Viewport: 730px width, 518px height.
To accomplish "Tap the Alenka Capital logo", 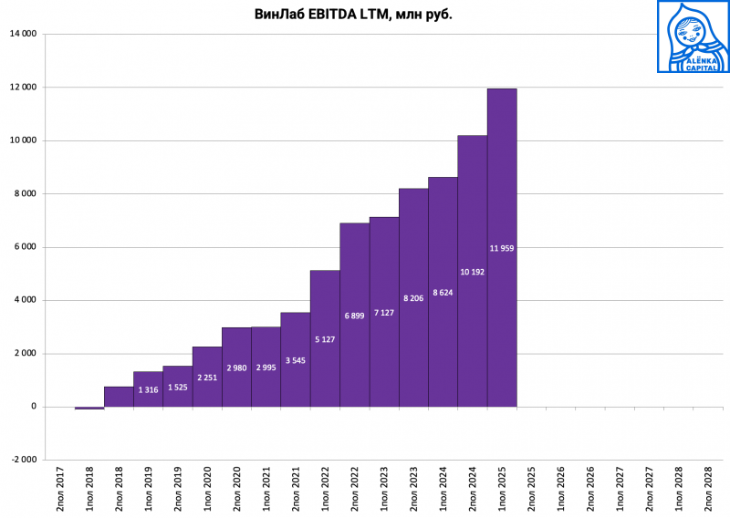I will point(693,36).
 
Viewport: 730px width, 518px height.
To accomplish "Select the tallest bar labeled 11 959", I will point(502,182).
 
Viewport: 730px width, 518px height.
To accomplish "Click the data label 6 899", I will point(354,316).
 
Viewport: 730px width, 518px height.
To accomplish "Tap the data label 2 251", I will point(207,378).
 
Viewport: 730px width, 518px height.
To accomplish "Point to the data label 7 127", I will point(383,313).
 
